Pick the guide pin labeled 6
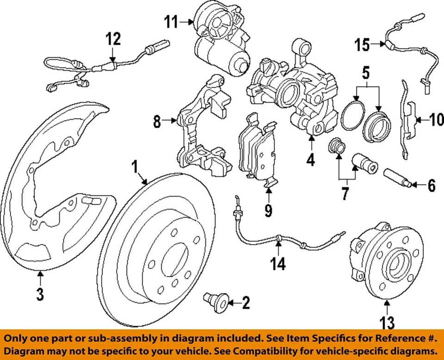click(x=397, y=179)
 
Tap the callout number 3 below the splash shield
click(x=41, y=293)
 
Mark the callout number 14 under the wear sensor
click(x=278, y=264)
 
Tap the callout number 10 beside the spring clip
click(x=436, y=121)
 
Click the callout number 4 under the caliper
click(x=310, y=160)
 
